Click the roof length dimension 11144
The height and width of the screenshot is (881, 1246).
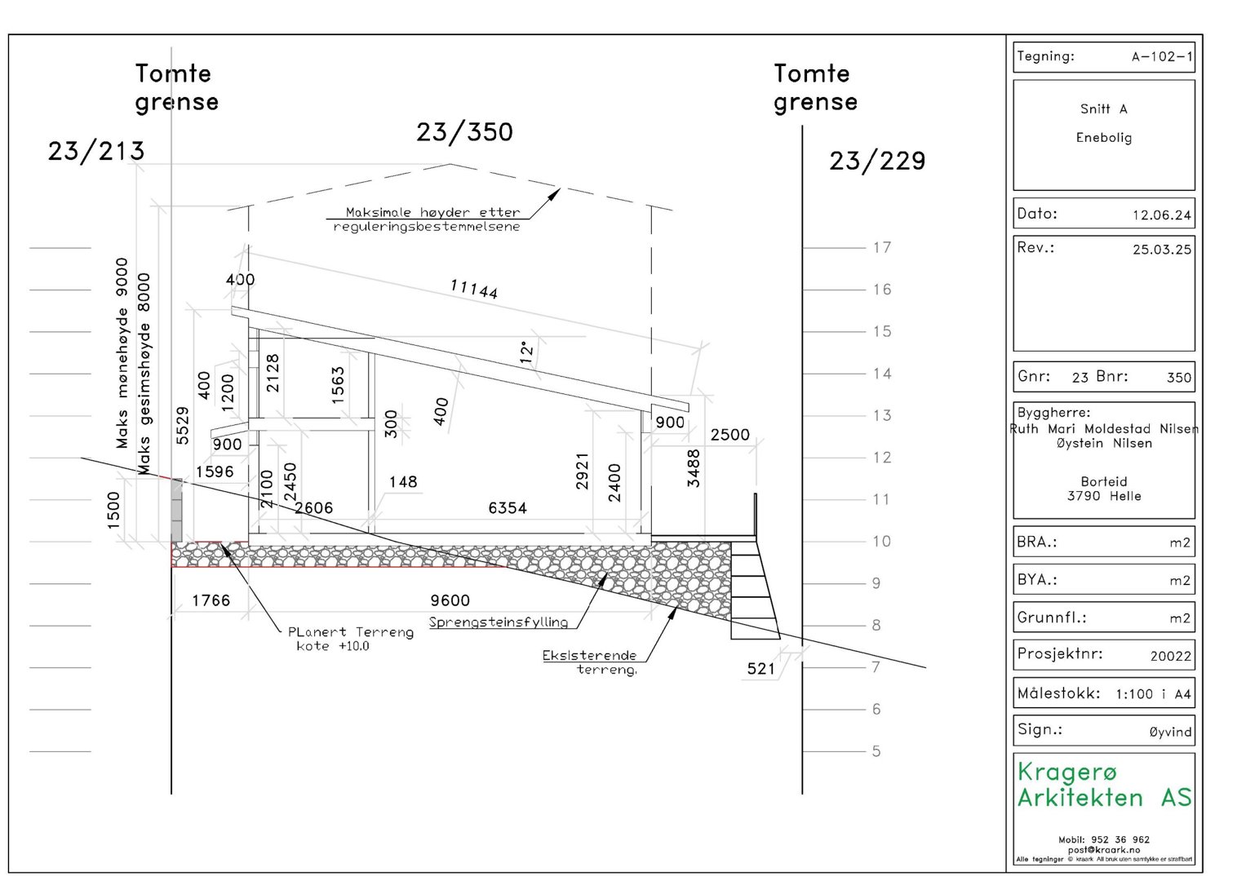tap(474, 289)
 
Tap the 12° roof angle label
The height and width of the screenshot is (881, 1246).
tap(526, 352)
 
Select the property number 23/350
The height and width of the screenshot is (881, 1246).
tap(464, 132)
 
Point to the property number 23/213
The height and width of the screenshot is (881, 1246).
tap(96, 151)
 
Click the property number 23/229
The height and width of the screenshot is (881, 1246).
tap(877, 162)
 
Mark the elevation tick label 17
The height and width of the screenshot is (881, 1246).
tap(882, 247)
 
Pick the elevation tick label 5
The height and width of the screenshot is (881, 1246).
tap(876, 751)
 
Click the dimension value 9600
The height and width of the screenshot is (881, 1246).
tap(450, 600)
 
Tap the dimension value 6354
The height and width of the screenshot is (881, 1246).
tap(508, 507)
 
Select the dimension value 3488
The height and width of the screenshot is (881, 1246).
tap(694, 468)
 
